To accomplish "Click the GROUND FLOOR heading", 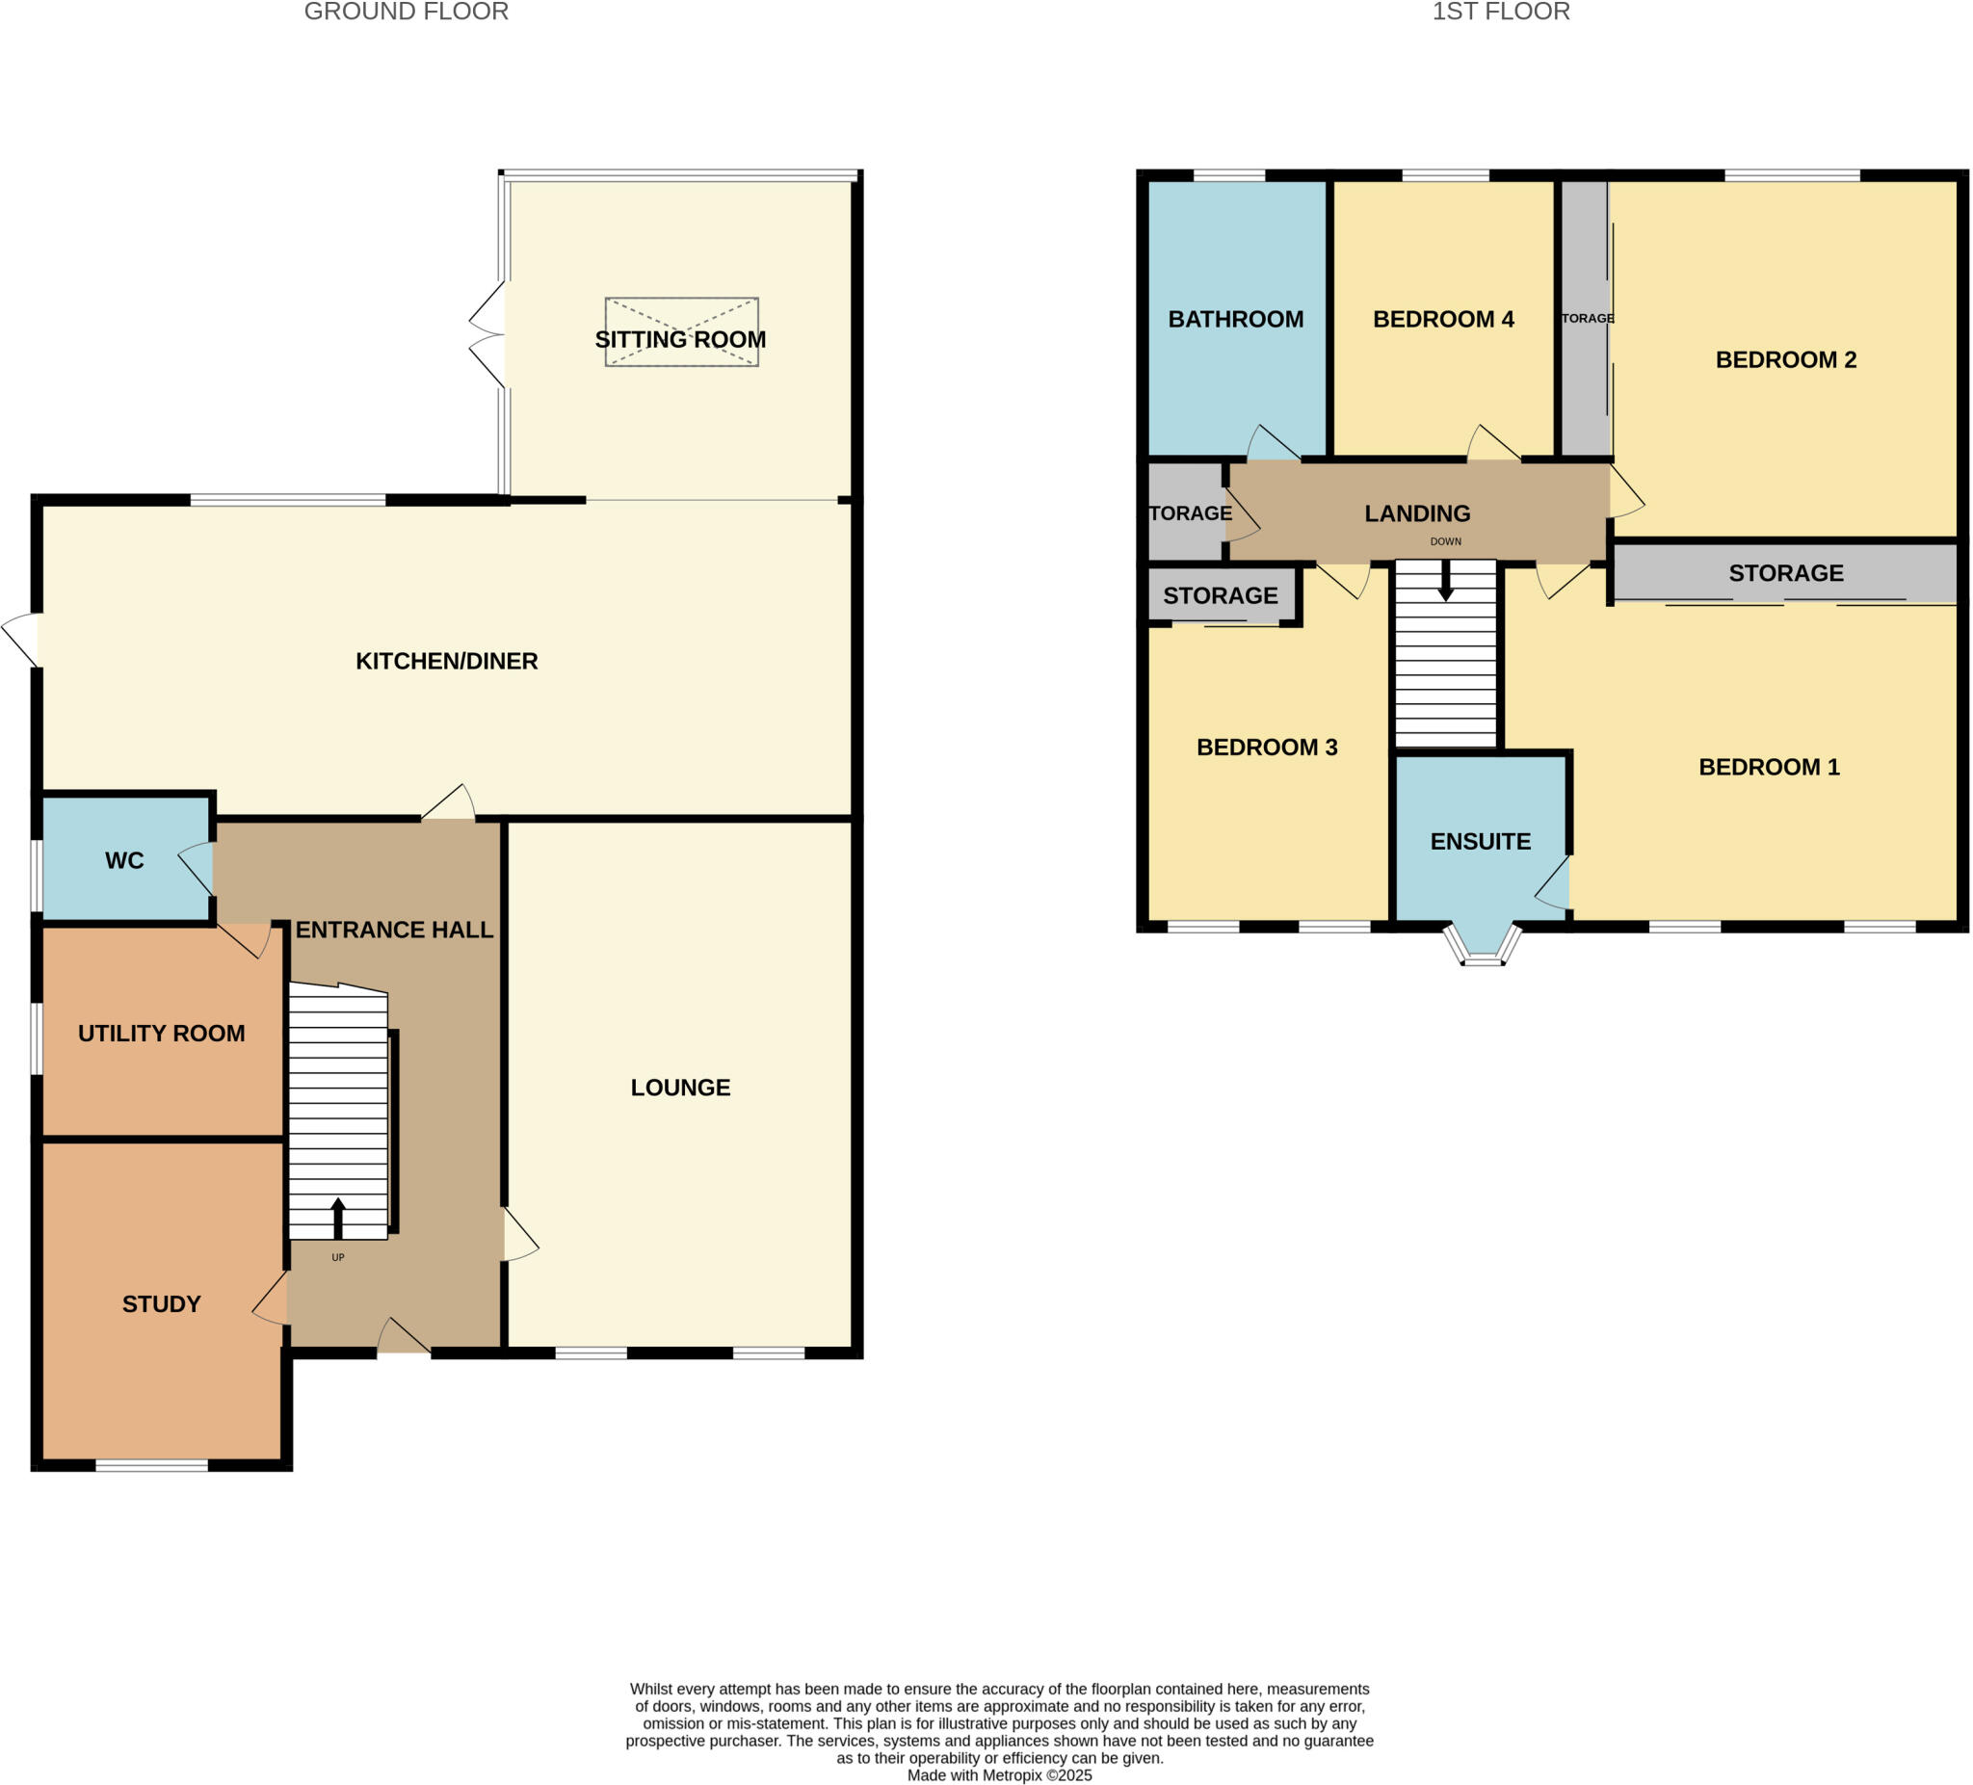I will pos(407,12).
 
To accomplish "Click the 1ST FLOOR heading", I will pos(1500,12).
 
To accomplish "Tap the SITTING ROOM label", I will pos(680,340).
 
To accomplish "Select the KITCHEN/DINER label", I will pos(446,661).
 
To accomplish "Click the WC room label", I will pos(124,860).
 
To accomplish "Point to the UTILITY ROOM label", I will pos(162,1034).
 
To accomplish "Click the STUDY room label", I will pos(162,1303).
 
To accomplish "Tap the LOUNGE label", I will pos(680,1088).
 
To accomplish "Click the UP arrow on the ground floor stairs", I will pos(338,1218).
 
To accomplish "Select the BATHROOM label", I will pos(1235,319).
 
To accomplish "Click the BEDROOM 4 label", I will pos(1442,319).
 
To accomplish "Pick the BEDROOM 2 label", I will pos(1785,359).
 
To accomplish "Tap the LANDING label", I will pos(1417,512).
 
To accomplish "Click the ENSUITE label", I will pos(1480,841).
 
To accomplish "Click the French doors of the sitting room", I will pos(487,334).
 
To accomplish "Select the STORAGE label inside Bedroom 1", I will pos(1785,572).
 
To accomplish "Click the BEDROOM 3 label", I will pos(1267,747).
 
